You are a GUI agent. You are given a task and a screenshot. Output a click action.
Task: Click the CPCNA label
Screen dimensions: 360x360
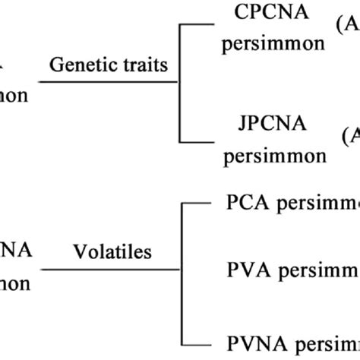point(262,12)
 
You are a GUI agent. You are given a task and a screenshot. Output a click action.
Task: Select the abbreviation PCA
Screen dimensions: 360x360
point(245,204)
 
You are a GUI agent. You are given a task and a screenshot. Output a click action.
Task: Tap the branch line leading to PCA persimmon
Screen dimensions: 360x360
point(200,203)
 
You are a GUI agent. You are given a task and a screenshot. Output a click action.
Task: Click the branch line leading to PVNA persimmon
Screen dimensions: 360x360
point(200,335)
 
